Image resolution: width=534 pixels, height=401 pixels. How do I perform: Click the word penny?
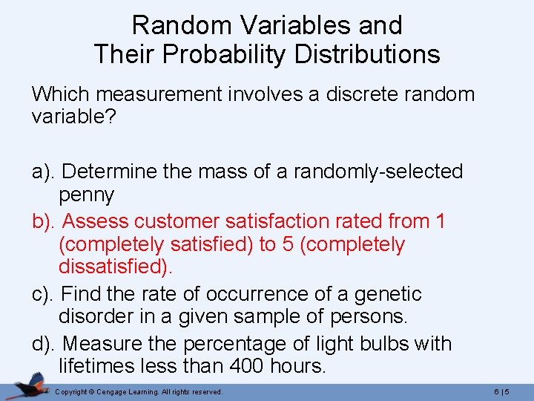coord(86,195)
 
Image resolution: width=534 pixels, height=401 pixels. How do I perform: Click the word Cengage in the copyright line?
coord(108,391)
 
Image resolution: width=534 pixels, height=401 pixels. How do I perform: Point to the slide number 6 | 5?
coord(509,391)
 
